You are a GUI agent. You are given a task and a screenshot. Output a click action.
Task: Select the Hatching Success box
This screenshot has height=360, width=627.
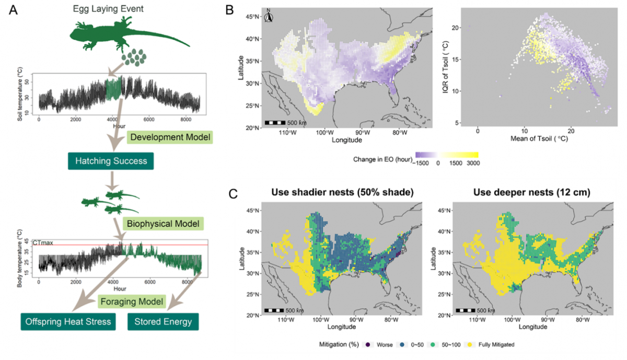pyautogui.click(x=110, y=161)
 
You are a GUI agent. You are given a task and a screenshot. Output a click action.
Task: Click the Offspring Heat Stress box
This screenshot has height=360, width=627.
pyautogui.click(x=67, y=321)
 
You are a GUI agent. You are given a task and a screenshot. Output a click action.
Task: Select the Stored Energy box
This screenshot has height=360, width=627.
pyautogui.click(x=163, y=321)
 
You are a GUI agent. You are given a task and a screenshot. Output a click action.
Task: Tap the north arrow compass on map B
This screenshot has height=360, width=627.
pyautogui.click(x=269, y=17)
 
